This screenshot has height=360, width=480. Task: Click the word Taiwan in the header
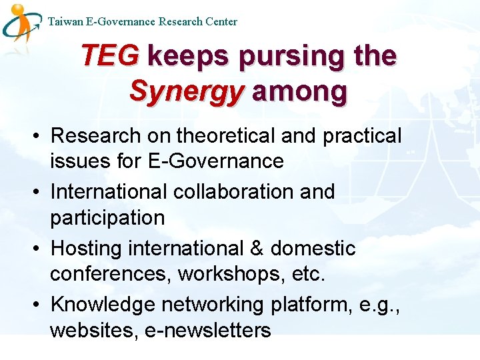(65, 21)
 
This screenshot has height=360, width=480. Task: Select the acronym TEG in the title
(109, 56)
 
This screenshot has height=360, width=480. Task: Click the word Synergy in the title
(187, 91)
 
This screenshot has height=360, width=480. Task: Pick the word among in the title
(299, 91)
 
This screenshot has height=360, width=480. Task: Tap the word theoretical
(226, 136)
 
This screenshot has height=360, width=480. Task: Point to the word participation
(107, 218)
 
